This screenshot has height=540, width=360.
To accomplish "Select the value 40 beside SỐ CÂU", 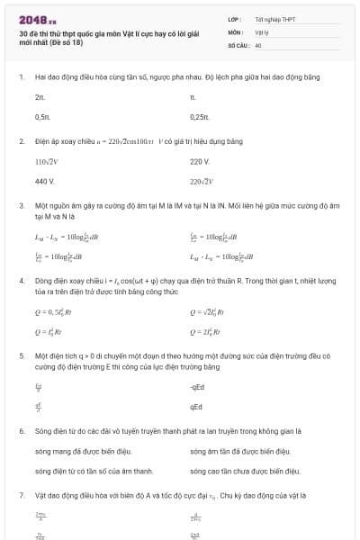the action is [258, 44].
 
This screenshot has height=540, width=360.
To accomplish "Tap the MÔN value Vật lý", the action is [263, 31].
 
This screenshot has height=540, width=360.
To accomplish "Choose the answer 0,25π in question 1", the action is [199, 117].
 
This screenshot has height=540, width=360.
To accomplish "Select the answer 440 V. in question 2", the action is [45, 182].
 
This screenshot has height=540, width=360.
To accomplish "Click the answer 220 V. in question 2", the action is [200, 162].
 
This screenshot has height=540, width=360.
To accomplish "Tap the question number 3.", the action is [21, 206].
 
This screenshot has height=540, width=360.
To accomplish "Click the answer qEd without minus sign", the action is [196, 407].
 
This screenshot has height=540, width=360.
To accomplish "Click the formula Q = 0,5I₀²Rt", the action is [54, 312].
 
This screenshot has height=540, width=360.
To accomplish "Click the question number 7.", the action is [21, 495].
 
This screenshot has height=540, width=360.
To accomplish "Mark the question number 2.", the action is [21, 141].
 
